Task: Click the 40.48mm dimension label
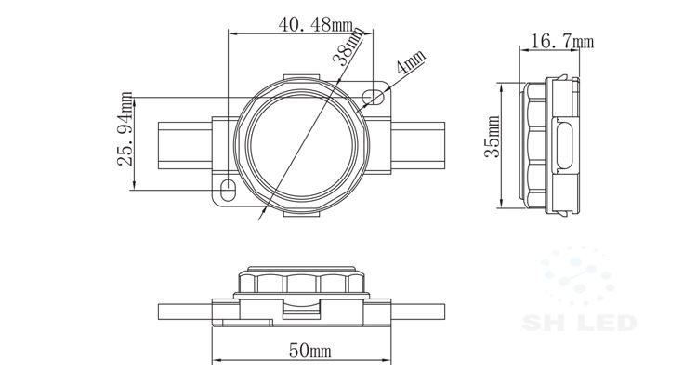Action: point(315,24)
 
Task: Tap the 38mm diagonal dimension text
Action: point(348,46)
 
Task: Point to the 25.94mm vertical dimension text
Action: point(125,128)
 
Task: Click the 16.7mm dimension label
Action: point(562,41)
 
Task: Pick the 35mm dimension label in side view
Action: point(492,136)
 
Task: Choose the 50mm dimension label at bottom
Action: point(309,351)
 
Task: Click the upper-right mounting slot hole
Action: point(373,97)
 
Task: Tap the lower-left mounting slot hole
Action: point(228,190)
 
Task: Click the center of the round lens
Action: point(302,146)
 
